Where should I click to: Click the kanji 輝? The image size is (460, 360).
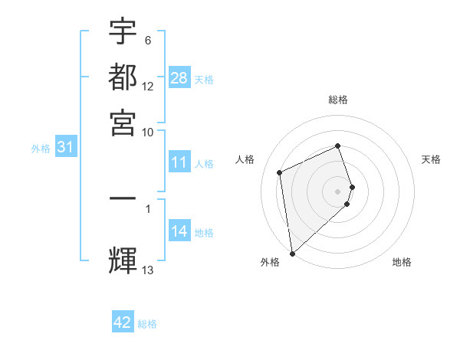point(123,259)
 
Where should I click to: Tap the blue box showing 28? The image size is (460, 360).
point(179,78)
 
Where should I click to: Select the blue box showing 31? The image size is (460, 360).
point(65,148)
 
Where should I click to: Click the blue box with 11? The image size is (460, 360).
point(179,162)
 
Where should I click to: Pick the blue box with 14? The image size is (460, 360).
point(179,231)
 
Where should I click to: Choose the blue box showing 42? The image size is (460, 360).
point(123,322)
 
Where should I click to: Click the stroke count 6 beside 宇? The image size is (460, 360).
point(147,41)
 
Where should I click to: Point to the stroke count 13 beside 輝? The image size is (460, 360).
point(148,269)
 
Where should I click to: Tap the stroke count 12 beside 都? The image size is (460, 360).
point(148,86)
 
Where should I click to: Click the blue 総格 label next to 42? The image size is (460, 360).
point(147,324)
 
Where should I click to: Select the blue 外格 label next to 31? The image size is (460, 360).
point(41,149)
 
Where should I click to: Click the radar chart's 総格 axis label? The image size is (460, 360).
point(338,100)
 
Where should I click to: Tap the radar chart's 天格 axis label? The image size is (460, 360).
point(432,159)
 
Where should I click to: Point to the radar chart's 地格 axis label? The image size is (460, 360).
point(402,262)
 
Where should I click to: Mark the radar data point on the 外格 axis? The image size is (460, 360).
point(292,253)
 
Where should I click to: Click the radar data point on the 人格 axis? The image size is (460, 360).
point(280,172)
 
